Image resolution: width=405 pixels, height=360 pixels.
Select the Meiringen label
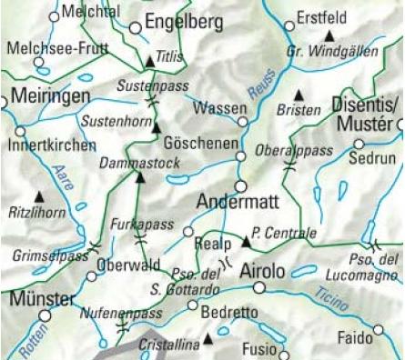point(51,96)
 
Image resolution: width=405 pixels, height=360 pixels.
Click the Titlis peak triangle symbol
point(150,62)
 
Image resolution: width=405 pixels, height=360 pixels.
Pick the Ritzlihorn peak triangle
point(39,195)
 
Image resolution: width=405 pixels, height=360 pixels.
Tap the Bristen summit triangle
point(299,95)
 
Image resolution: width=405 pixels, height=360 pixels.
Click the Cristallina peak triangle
point(208,339)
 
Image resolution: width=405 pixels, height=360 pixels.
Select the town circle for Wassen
point(242,121)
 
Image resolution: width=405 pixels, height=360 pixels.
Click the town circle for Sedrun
point(359,144)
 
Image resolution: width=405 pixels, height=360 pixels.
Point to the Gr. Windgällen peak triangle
point(329,35)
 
